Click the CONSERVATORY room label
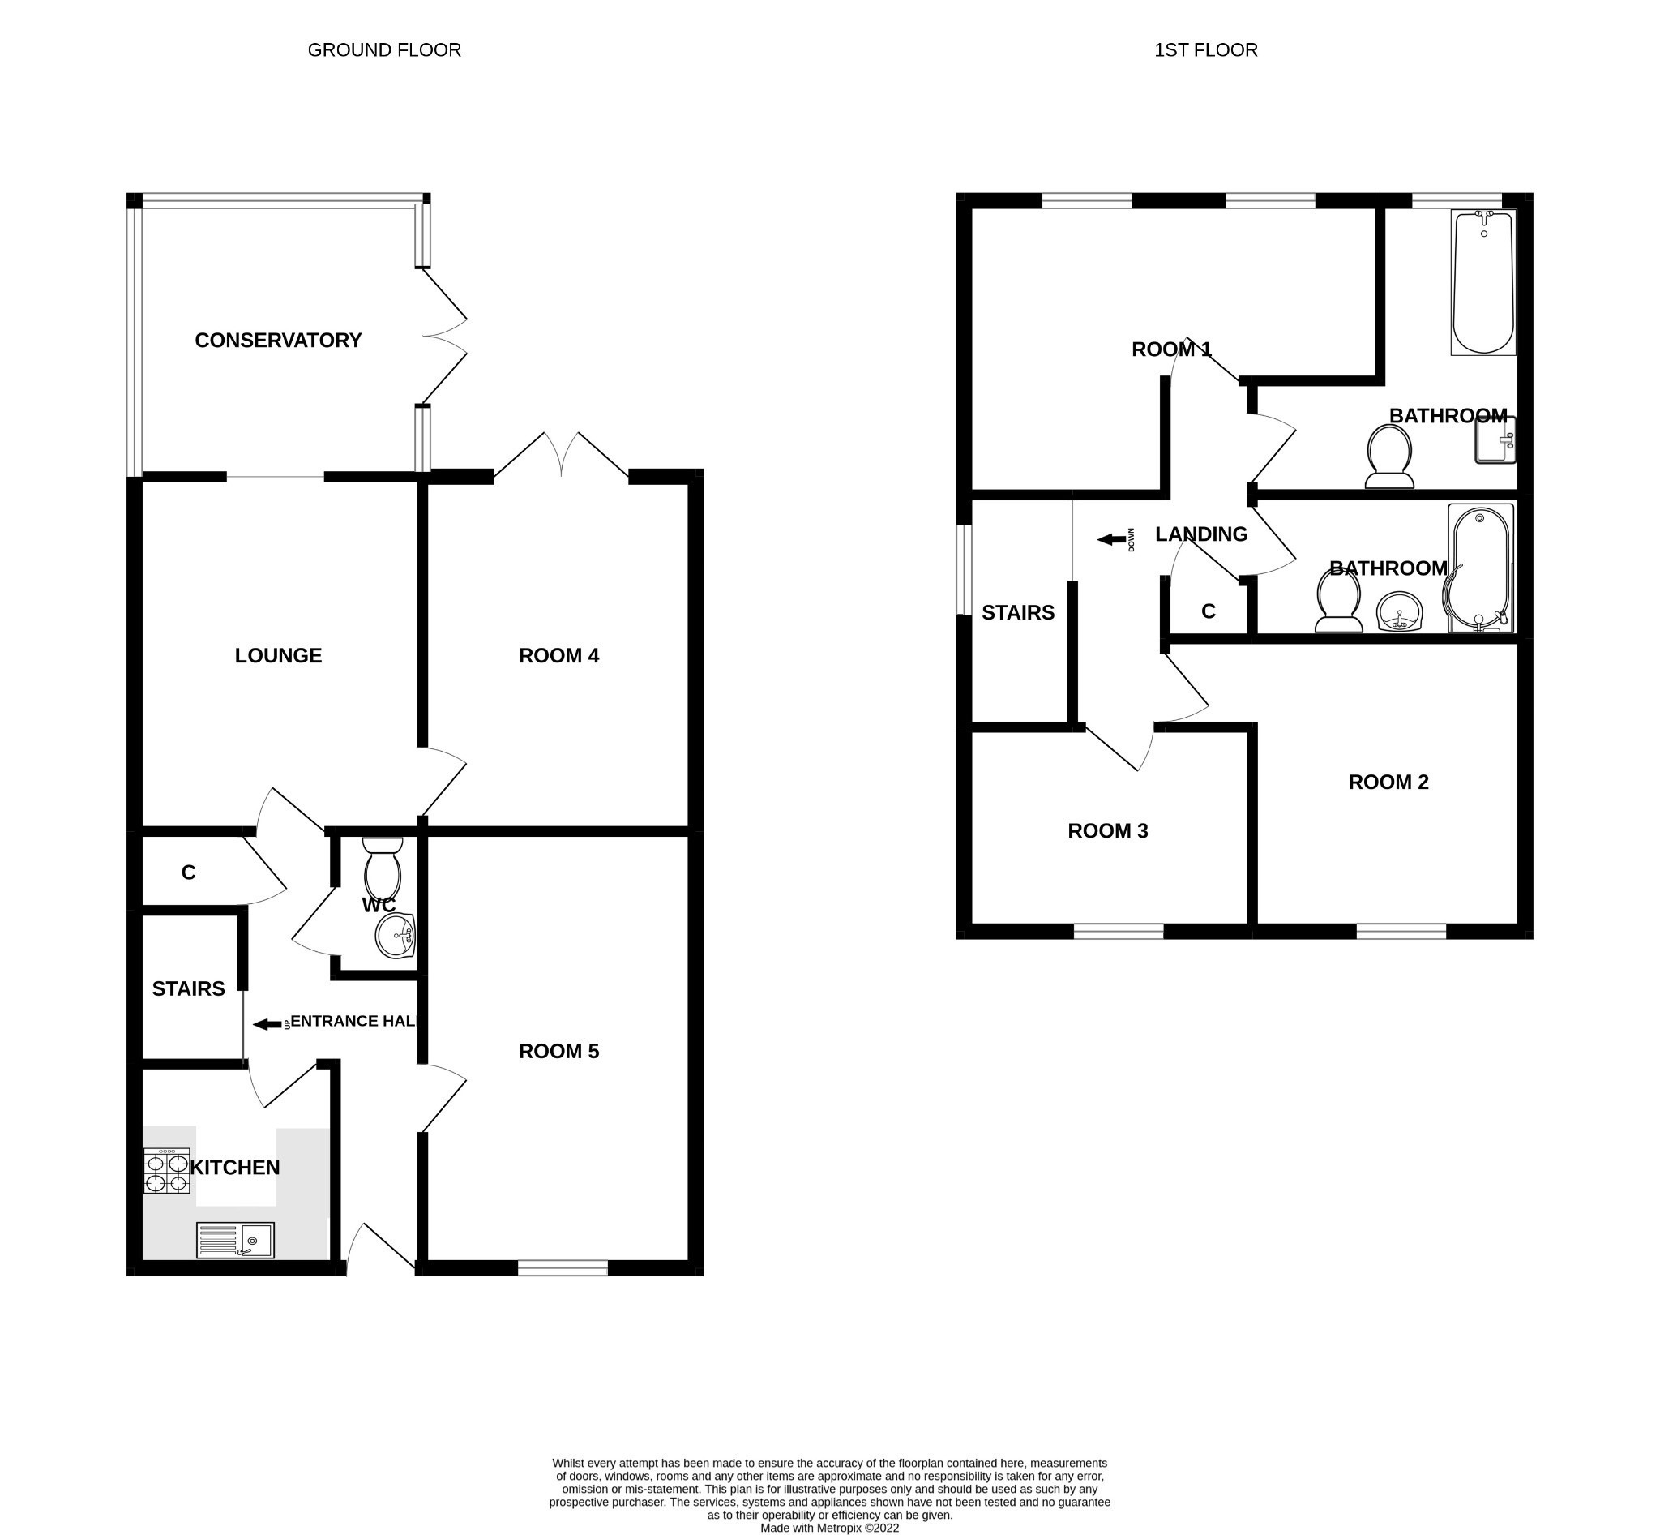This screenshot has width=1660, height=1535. click(x=277, y=341)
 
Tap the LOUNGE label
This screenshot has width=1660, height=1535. click(x=278, y=656)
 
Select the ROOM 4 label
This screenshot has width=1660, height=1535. click(x=558, y=656)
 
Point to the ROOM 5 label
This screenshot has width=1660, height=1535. click(x=558, y=1052)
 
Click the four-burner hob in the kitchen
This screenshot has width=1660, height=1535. click(x=166, y=1171)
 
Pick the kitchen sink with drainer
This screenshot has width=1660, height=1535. click(x=235, y=1240)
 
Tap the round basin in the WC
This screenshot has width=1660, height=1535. click(x=396, y=937)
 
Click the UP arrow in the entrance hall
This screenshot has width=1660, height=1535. click(x=267, y=1025)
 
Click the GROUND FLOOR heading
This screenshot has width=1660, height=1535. click(x=384, y=49)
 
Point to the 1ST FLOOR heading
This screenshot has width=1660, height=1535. click(x=1206, y=49)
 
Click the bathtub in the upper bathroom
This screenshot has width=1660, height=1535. click(x=1483, y=282)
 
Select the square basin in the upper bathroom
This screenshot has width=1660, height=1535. click(x=1495, y=440)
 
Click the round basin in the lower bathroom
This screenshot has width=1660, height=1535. click(x=1400, y=613)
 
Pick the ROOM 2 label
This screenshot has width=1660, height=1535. click(x=1388, y=783)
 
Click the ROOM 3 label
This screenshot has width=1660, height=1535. click(x=1108, y=831)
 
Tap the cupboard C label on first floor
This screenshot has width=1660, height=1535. click(x=1209, y=612)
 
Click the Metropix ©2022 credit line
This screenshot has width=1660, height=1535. click(x=829, y=1528)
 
